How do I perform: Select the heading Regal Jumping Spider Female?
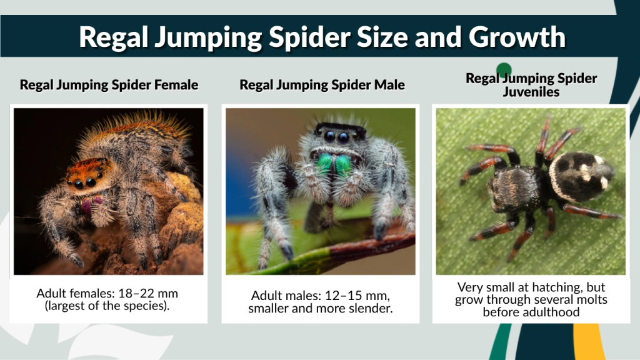coord(109,84)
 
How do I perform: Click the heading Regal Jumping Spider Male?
coord(322,84)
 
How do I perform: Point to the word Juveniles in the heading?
coord(531,92)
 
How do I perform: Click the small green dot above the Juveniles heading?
coord(504,70)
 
